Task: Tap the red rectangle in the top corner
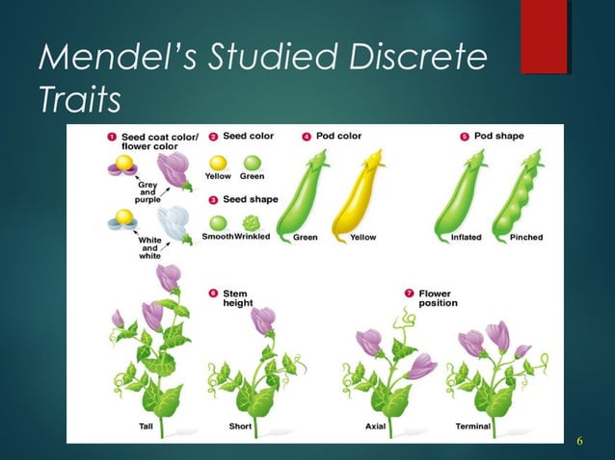click(x=544, y=37)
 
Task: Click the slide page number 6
click(x=579, y=441)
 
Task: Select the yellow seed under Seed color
click(x=219, y=164)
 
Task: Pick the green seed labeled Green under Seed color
click(x=253, y=164)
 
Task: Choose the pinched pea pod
click(x=517, y=196)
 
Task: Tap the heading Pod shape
click(x=499, y=136)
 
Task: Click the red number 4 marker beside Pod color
click(x=306, y=137)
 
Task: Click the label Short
click(x=241, y=425)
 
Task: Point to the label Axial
click(x=375, y=425)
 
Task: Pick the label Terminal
click(x=473, y=425)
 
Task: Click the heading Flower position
click(x=439, y=298)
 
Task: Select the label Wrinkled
click(x=253, y=237)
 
